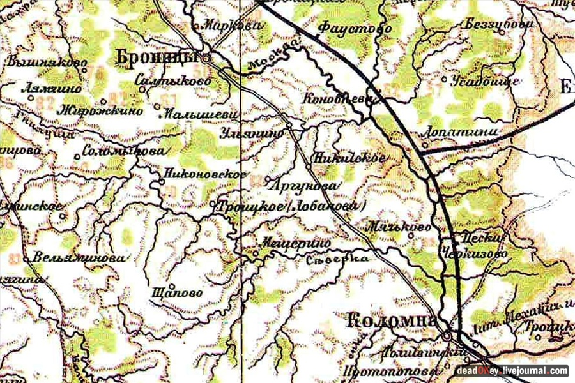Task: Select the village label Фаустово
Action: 345,28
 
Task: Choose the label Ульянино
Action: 250,133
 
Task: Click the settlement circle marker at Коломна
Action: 448,336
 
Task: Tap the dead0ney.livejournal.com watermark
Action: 512,370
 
